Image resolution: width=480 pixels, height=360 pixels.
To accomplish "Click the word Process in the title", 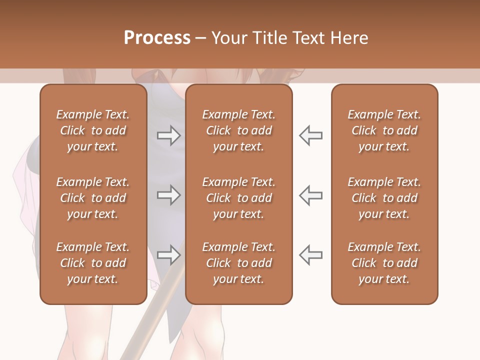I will click(x=157, y=38).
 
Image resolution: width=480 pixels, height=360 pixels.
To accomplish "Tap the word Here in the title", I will click(x=349, y=38).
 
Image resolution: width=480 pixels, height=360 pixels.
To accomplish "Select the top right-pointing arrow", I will click(x=168, y=135).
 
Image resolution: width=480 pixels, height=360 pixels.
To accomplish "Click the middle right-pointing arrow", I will click(x=168, y=195).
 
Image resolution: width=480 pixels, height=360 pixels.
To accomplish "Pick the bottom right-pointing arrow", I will click(x=168, y=255).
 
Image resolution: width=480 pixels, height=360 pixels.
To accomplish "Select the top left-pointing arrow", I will click(x=311, y=135).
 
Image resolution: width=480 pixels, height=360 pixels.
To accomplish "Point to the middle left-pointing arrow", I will click(x=311, y=195).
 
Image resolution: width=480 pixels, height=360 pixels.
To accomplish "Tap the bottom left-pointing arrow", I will click(x=311, y=255).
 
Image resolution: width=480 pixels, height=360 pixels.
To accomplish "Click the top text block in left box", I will click(x=93, y=130).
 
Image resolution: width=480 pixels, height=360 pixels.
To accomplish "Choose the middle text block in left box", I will click(x=93, y=198).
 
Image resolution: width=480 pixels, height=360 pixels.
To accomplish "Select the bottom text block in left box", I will click(x=93, y=263).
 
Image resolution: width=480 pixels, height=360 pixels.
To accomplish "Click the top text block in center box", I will click(x=238, y=130).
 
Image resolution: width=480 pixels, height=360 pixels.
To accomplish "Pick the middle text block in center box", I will click(x=238, y=198).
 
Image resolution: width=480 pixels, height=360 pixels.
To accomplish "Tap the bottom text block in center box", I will click(x=238, y=263).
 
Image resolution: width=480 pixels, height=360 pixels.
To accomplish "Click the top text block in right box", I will click(x=384, y=130).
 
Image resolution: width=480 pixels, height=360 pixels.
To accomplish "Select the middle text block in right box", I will click(x=384, y=198).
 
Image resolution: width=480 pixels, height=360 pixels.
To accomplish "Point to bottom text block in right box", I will click(x=384, y=263).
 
